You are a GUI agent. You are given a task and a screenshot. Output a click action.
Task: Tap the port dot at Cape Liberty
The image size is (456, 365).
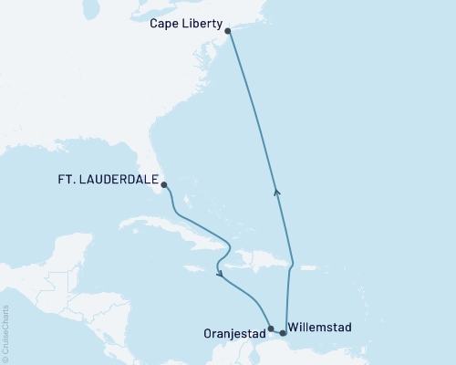(x=227, y=32)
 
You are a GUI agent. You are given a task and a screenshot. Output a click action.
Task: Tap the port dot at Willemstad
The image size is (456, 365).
(x=283, y=333)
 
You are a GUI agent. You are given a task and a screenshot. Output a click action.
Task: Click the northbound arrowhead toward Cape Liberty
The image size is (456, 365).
(x=277, y=191)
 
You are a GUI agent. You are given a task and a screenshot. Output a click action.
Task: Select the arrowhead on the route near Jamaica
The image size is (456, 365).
(x=219, y=271)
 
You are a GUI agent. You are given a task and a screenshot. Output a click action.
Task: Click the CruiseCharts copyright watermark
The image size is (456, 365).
(x=5, y=333)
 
